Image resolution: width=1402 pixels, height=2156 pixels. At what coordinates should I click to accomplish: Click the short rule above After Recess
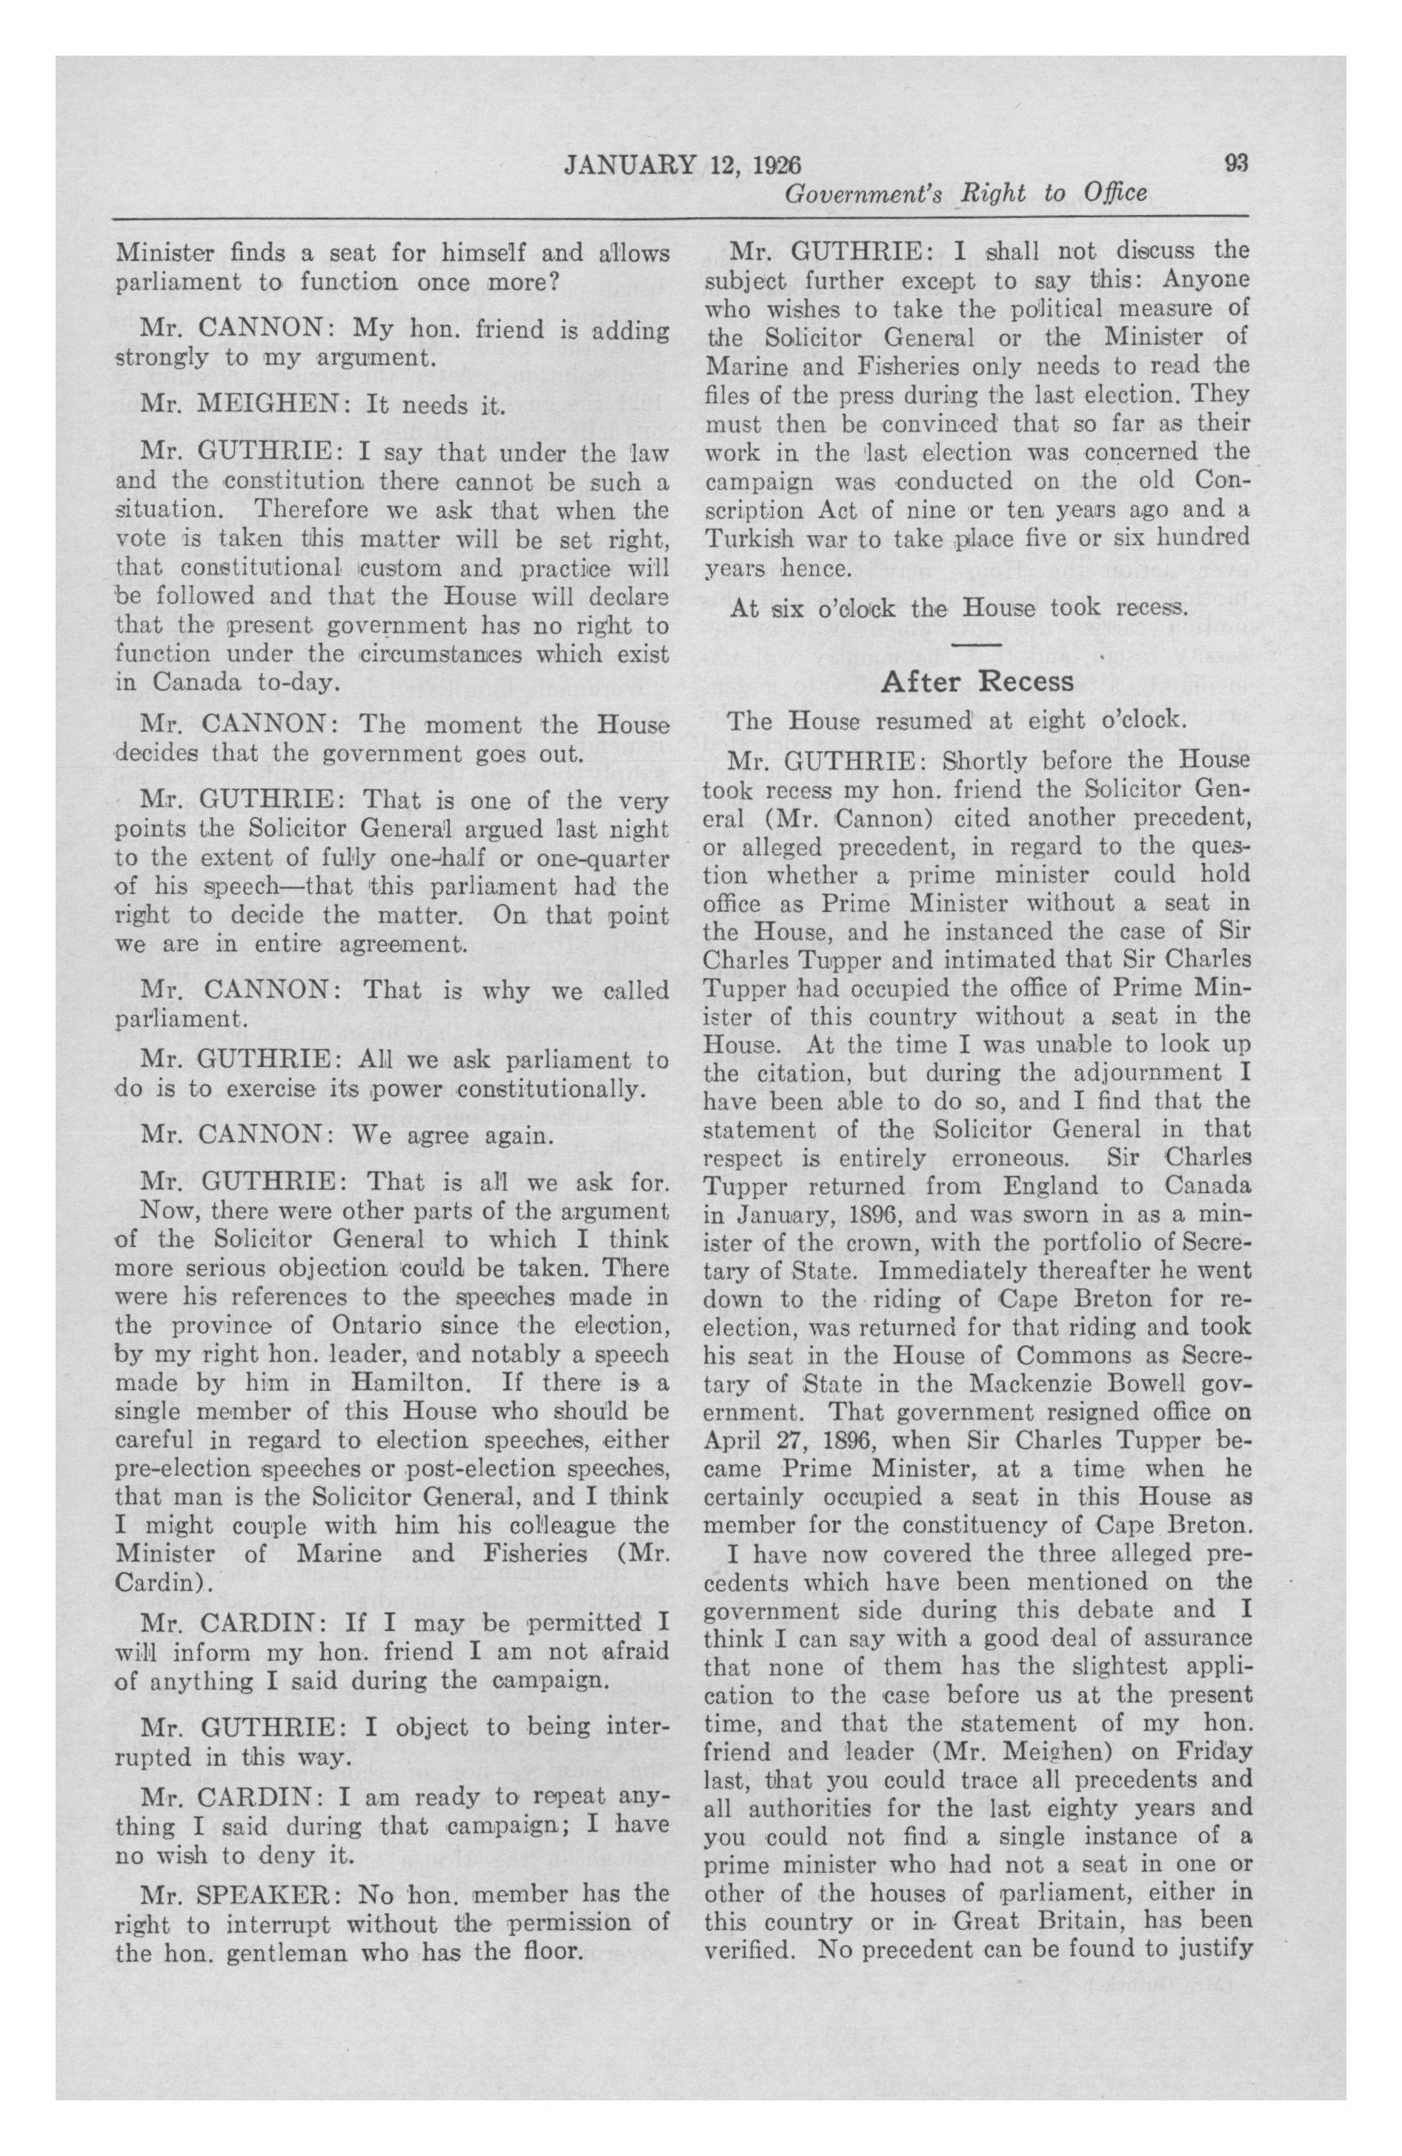point(977,645)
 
